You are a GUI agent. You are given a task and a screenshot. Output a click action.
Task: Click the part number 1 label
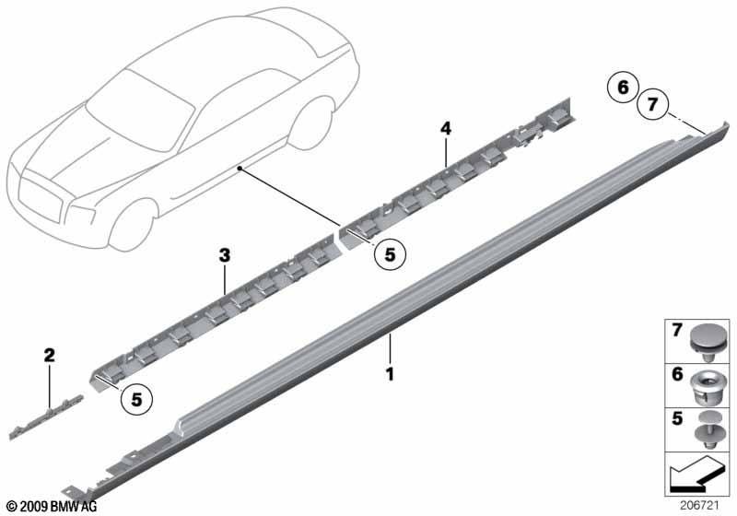click(x=390, y=374)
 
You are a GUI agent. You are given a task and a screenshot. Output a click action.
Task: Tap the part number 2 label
click(x=50, y=355)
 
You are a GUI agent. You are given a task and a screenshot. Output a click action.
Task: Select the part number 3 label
click(x=225, y=255)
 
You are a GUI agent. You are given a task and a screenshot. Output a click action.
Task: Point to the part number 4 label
click(x=446, y=128)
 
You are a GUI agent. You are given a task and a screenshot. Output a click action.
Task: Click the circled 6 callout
click(x=623, y=88)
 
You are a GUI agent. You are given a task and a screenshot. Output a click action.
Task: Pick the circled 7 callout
click(x=652, y=104)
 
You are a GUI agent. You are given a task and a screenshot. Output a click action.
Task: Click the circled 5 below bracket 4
click(x=390, y=254)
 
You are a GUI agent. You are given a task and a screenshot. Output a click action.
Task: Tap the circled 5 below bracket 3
click(x=136, y=400)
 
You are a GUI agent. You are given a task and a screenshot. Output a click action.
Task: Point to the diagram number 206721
click(x=699, y=506)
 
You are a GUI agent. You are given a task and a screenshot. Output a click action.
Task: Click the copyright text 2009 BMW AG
click(x=53, y=507)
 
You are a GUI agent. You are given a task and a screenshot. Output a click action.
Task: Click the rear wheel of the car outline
click(x=312, y=123)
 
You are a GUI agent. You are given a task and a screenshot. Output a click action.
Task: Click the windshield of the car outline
click(x=141, y=111)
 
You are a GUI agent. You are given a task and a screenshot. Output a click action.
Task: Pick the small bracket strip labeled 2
click(x=46, y=417)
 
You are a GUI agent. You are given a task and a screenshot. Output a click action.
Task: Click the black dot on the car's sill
click(x=240, y=168)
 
